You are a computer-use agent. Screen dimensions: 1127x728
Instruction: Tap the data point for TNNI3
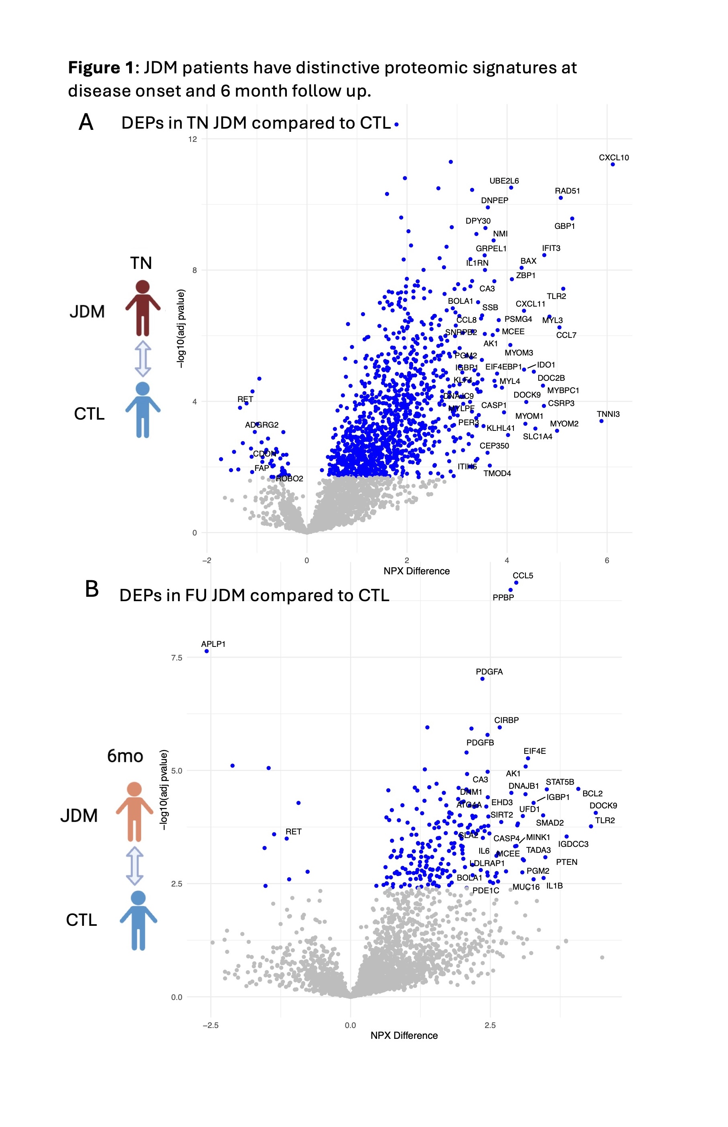pyautogui.click(x=601, y=421)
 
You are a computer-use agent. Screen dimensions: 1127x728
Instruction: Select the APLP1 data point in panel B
pyautogui.click(x=207, y=651)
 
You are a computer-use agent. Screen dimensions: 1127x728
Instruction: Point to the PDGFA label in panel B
pyautogui.click(x=489, y=672)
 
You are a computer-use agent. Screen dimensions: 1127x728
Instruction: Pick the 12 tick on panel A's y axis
pyautogui.click(x=193, y=139)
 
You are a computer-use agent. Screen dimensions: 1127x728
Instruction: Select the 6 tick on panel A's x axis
pyautogui.click(x=607, y=560)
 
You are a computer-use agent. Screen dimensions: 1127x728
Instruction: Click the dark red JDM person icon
pyautogui.click(x=143, y=307)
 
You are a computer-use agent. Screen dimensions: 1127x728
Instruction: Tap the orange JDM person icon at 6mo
pyautogui.click(x=135, y=810)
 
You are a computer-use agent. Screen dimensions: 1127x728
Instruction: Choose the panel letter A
pyautogui.click(x=86, y=122)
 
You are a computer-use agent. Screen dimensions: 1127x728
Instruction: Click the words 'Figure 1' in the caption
pyautogui.click(x=101, y=68)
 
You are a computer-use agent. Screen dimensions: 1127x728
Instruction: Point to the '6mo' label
pyautogui.click(x=125, y=756)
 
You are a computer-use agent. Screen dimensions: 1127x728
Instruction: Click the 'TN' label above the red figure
pyautogui.click(x=141, y=263)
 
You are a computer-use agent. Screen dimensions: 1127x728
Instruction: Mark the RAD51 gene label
pyautogui.click(x=567, y=191)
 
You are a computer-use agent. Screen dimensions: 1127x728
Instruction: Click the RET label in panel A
pyautogui.click(x=245, y=399)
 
